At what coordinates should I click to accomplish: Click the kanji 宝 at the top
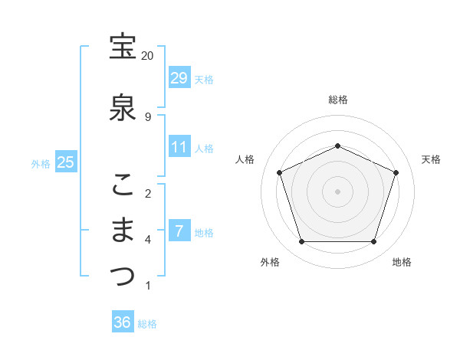pyautogui.click(x=123, y=47)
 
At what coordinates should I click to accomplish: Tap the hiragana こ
pyautogui.click(x=123, y=184)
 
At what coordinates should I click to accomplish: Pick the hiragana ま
pyautogui.click(x=123, y=231)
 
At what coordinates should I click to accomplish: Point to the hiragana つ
pyautogui.click(x=123, y=277)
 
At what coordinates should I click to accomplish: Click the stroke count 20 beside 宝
pyautogui.click(x=147, y=56)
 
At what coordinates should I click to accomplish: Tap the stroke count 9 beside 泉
pyautogui.click(x=147, y=116)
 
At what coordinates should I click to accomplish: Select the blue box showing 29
pyautogui.click(x=179, y=78)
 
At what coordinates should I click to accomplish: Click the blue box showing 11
pyautogui.click(x=179, y=147)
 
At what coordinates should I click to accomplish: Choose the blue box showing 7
pyautogui.click(x=179, y=231)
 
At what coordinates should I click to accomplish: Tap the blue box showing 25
pyautogui.click(x=65, y=162)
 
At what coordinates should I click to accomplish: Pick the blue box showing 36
pyautogui.click(x=122, y=322)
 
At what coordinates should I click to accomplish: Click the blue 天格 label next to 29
pyautogui.click(x=204, y=79)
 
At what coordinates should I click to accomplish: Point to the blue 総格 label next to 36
pyautogui.click(x=147, y=323)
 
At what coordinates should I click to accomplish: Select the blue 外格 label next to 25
pyautogui.click(x=41, y=163)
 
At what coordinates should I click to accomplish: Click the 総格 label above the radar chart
pyautogui.click(x=337, y=100)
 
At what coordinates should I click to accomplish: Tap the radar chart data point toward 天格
pyautogui.click(x=396, y=172)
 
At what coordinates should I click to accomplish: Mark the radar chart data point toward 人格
pyautogui.click(x=279, y=172)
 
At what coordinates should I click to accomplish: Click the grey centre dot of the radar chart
pyautogui.click(x=337, y=191)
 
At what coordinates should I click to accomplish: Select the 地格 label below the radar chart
pyautogui.click(x=402, y=263)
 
